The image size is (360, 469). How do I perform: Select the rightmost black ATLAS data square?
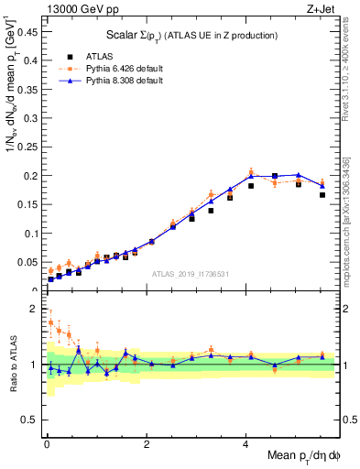(322, 195)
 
